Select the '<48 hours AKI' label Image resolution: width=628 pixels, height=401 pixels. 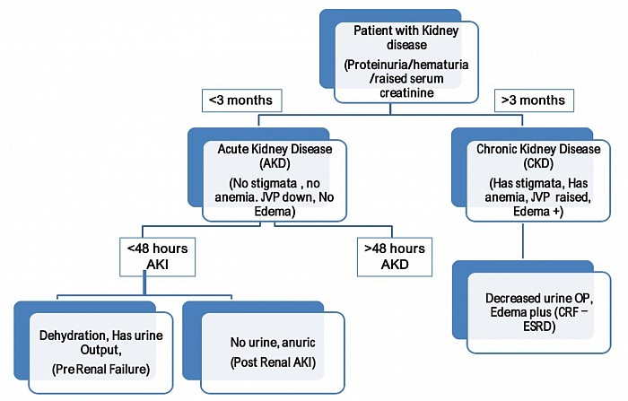(146, 256)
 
